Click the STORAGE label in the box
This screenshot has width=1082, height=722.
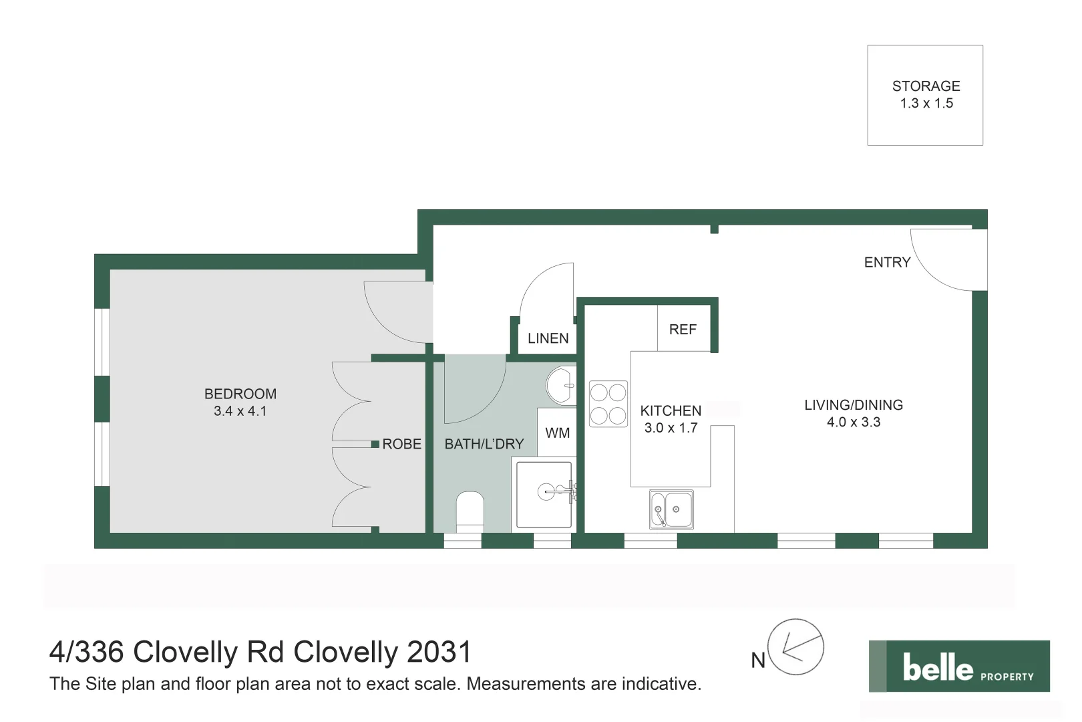point(926,86)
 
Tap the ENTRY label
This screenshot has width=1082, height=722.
point(887,263)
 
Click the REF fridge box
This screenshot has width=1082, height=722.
point(683,329)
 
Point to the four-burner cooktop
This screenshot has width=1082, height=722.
point(608,404)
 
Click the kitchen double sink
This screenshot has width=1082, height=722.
point(671,510)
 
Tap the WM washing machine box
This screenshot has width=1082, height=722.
point(557,433)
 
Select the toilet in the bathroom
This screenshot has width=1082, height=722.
point(470,509)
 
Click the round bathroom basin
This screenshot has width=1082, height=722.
point(561,386)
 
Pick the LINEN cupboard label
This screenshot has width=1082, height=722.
point(548,338)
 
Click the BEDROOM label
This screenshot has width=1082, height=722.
point(240,394)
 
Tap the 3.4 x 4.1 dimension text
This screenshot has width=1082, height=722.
point(240,411)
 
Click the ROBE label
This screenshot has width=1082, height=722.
point(401,444)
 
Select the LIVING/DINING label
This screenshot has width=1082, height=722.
point(853,405)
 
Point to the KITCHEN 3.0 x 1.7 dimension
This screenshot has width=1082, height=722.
point(671,428)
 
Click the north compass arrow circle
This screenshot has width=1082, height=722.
point(795,647)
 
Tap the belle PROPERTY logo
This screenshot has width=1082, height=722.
point(958,667)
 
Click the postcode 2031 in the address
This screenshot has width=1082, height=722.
point(439,652)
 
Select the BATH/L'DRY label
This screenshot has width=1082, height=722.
point(484,444)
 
